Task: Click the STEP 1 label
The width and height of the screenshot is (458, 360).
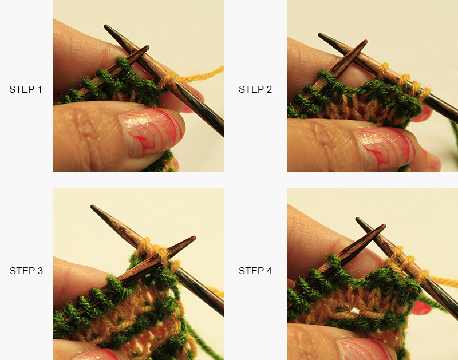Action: coord(25,89)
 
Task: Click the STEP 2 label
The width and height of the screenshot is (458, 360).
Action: coord(255,89)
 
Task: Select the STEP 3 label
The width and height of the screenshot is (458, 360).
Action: coord(26,271)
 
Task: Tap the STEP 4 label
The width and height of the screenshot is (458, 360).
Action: coord(255,271)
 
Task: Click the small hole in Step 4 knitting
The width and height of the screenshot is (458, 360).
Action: coord(356,311)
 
